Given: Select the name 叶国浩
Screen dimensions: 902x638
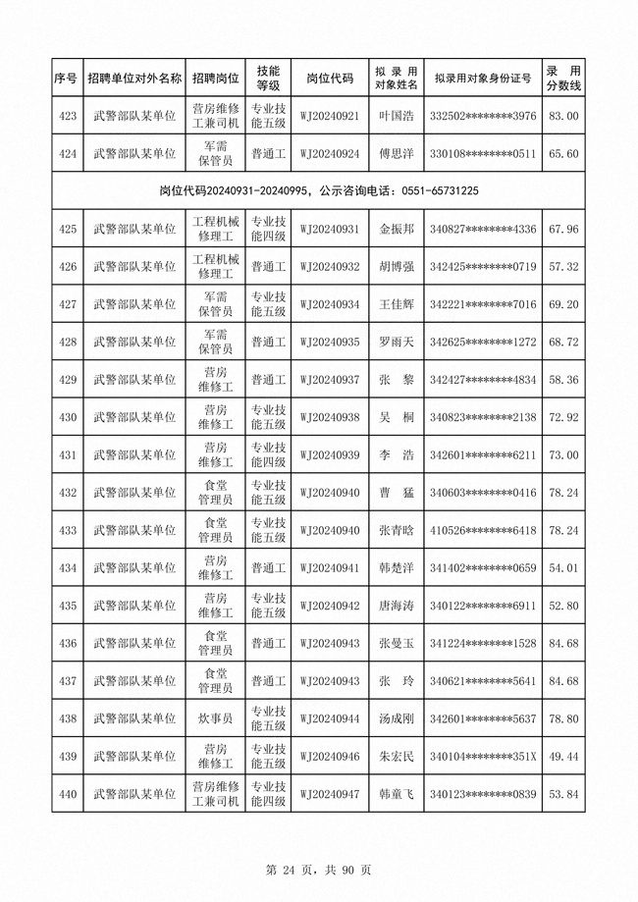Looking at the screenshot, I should coord(397,117).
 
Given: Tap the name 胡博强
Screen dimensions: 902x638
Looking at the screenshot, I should coord(397,267).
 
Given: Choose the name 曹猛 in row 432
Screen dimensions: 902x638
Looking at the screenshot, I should coord(397,493).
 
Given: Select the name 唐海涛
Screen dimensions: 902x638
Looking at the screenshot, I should coord(397,606).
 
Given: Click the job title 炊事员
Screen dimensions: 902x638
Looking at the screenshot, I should coord(215,718).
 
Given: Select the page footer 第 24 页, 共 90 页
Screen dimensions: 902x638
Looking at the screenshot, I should coord(318,870).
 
